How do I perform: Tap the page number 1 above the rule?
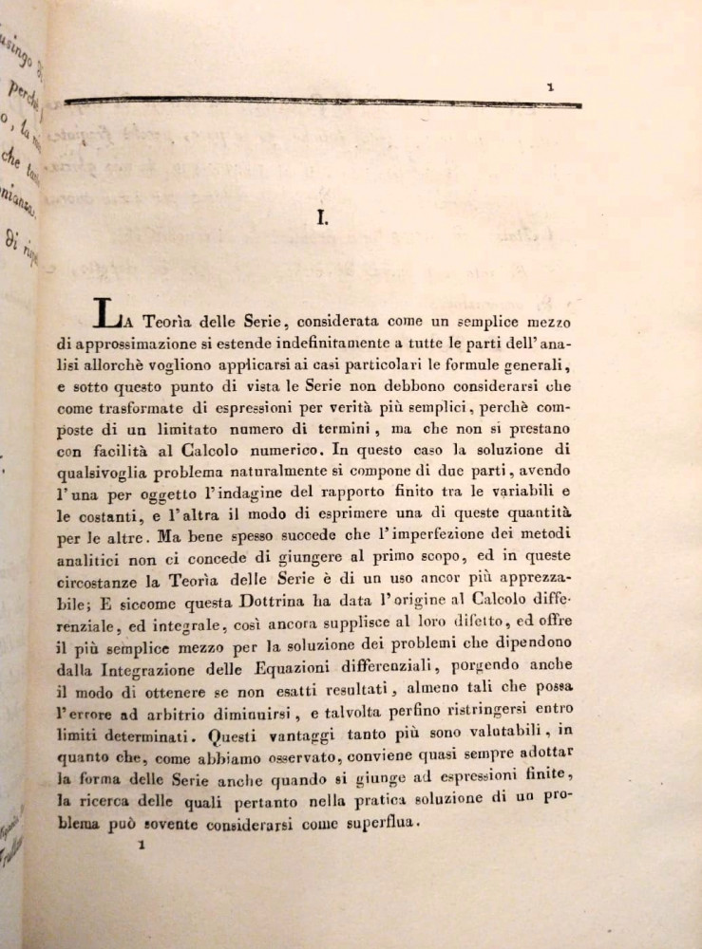tap(551, 87)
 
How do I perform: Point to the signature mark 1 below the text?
tap(140, 842)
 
